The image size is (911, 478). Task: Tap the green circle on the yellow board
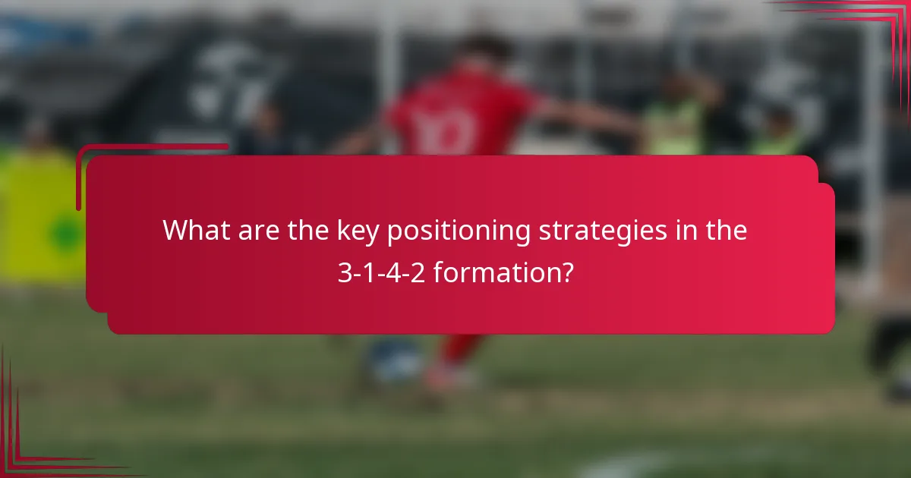66,234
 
